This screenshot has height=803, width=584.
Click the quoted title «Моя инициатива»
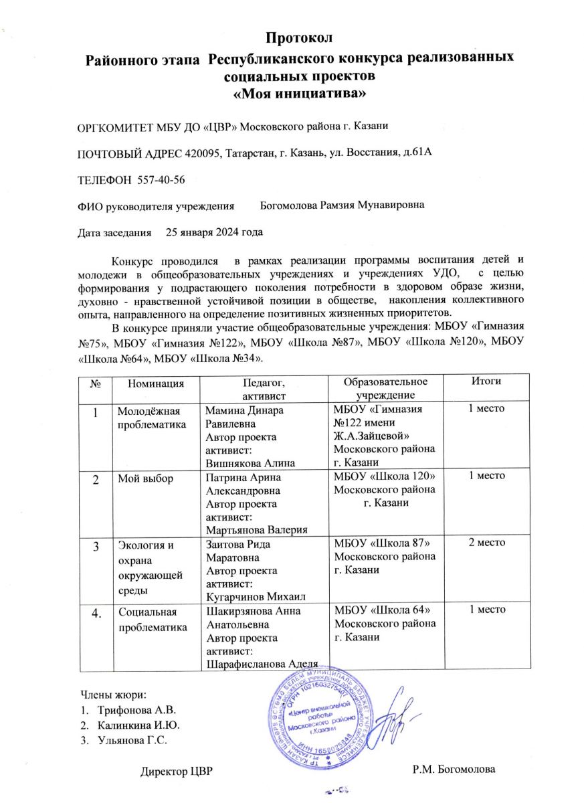coord(298,94)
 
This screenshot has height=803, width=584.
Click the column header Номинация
coord(157,383)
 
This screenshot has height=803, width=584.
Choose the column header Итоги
coord(486,381)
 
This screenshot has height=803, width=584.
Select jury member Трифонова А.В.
coord(136,709)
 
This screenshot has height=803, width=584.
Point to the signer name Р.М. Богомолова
coord(455,772)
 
